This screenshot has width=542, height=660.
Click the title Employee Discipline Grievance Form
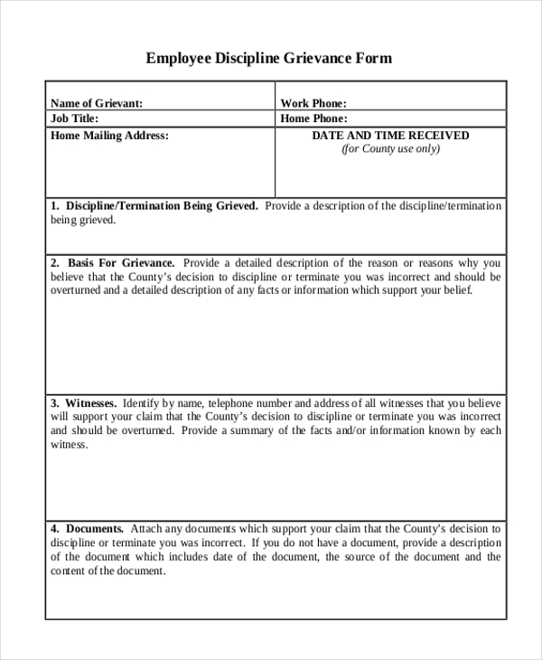click(x=269, y=59)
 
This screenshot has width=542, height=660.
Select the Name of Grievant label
click(x=97, y=103)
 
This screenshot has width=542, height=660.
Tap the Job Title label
click(x=74, y=118)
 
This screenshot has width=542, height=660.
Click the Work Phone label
click(x=313, y=103)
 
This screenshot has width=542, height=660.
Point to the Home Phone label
click(x=313, y=118)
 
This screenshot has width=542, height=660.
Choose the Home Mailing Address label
click(x=109, y=136)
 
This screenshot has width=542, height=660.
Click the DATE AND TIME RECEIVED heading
click(x=390, y=136)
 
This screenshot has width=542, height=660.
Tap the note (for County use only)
click(x=390, y=149)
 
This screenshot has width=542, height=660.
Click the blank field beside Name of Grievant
click(x=208, y=103)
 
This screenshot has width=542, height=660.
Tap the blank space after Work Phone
click(x=425, y=103)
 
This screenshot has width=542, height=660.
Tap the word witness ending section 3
click(x=69, y=445)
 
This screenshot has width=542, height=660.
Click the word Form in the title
click(x=375, y=59)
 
